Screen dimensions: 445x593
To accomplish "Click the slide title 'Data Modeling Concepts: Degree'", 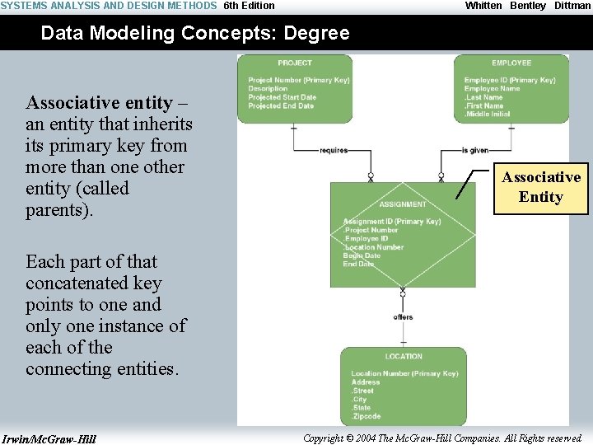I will pos(194,34).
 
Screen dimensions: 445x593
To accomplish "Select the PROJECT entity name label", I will pos(295,63).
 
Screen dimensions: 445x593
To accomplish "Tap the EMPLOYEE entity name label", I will pos(511,63).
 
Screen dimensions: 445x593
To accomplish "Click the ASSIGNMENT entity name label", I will pos(403,204).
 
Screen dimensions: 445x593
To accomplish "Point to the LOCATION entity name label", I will pos(404,356).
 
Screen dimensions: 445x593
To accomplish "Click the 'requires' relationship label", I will pos(334,151).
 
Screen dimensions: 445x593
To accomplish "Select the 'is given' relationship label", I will pos(475,151).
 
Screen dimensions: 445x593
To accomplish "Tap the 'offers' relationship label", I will pos(403,317).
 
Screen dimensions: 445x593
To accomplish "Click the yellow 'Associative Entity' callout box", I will pos(541,187).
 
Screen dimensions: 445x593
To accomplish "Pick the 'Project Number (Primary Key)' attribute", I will pos(298,80).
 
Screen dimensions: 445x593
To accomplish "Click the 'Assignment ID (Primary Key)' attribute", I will pos(391,222).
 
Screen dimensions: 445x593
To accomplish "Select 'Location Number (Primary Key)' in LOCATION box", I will pos(404,373).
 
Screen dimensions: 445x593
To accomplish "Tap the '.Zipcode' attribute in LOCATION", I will pos(367,416).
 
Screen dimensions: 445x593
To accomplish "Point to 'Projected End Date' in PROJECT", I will pos(281,105).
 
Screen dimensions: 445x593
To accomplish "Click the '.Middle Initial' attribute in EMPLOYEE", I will pos(488,114).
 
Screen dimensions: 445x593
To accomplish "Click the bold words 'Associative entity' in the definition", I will pos(99,103).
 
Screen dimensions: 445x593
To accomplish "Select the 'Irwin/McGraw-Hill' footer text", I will pos(49,438).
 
